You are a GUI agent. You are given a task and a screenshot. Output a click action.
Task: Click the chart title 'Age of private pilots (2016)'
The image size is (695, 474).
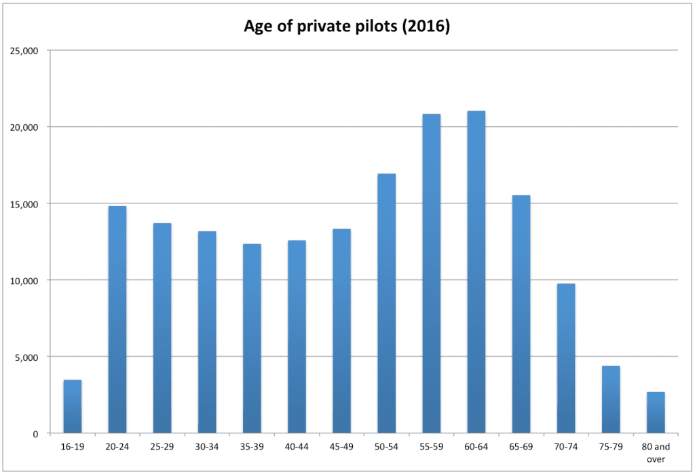347,27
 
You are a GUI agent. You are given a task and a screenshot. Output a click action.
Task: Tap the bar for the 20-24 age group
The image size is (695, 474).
117,319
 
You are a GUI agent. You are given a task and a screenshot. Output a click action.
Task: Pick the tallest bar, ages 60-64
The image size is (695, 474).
476,272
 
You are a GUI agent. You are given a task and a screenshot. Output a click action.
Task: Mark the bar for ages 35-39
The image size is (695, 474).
252,338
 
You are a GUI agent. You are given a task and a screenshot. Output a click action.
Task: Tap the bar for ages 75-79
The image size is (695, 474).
611,399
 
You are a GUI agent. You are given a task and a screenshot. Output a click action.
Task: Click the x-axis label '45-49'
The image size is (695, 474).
341,448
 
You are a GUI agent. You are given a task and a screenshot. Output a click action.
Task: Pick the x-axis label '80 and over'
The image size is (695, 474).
656,454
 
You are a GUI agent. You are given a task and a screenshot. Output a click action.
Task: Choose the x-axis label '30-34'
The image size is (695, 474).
207,448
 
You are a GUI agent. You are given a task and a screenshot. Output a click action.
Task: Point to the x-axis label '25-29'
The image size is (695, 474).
162,448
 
